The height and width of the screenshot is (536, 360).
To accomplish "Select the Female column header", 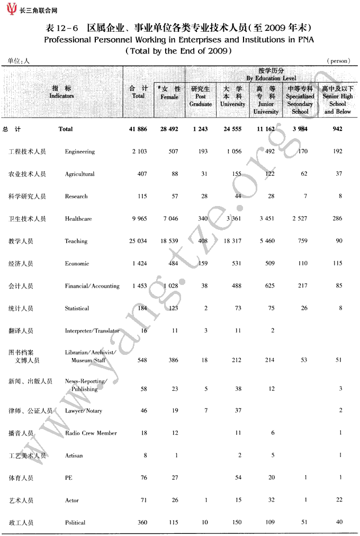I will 169,93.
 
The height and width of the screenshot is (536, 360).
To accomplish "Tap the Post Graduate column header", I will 201,96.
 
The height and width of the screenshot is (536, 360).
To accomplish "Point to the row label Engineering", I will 80,152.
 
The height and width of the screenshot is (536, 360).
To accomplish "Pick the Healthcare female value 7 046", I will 169,219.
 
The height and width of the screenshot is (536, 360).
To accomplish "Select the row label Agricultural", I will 80,174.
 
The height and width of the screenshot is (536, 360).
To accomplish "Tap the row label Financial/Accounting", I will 92,287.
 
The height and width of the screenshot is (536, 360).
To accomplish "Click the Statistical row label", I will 77,309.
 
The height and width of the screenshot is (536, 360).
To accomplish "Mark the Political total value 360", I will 142,523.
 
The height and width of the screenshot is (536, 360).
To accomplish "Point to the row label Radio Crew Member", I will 91,433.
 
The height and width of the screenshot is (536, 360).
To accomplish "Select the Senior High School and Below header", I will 338,100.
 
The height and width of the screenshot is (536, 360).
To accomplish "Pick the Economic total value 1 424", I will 139,264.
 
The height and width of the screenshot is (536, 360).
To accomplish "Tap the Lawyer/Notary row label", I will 84,411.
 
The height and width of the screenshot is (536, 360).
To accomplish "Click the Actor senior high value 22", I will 339,500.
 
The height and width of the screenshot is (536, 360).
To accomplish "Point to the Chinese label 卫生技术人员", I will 28,219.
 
